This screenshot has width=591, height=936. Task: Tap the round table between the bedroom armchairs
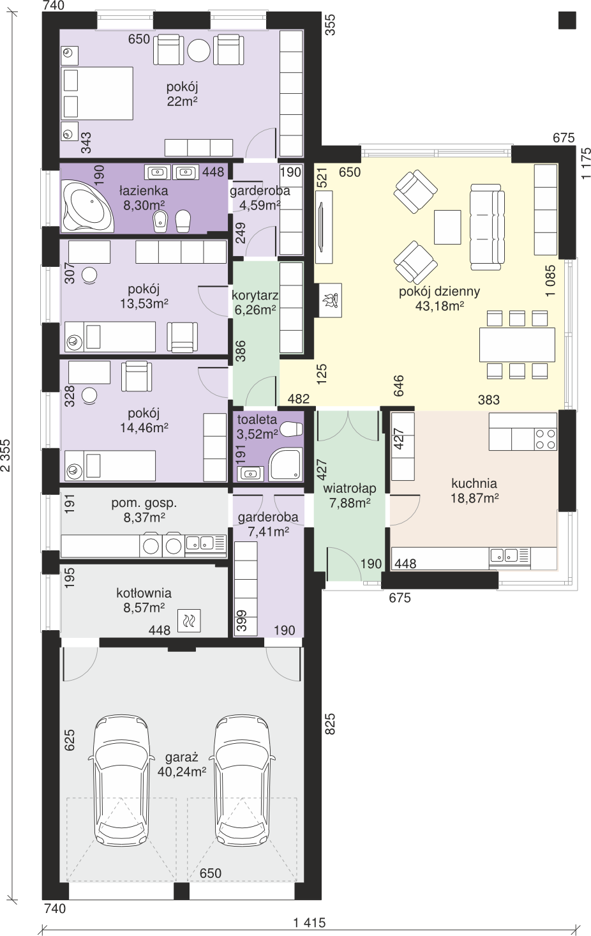[x=198, y=51]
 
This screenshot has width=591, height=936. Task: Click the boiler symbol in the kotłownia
[x=189, y=621]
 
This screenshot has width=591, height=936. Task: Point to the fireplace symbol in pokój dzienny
[x=331, y=300]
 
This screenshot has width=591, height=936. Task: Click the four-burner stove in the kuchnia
[x=546, y=439]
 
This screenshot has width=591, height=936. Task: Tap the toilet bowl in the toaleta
[x=292, y=428]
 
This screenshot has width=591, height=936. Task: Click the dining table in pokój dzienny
[x=517, y=345]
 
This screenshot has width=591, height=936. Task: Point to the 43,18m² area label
[x=439, y=306]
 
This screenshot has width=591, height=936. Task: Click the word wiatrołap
[x=350, y=488]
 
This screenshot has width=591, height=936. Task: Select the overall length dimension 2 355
[x=6, y=455]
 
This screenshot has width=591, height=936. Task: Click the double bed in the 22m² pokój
[x=97, y=94]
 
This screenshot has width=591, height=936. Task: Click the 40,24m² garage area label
[x=182, y=771]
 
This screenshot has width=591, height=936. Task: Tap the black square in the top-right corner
[x=567, y=20]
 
